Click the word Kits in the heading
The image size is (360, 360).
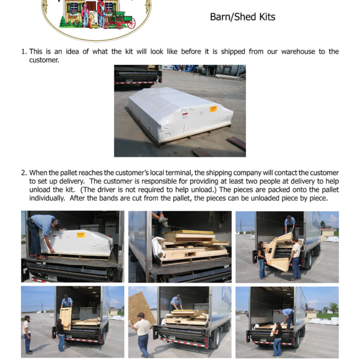267,17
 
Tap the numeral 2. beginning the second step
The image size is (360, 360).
24,173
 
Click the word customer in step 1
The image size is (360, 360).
44,60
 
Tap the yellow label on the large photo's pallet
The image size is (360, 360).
213,109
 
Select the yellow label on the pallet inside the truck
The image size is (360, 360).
80,235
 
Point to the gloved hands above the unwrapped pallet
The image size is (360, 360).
163,222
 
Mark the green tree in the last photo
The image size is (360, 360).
333,307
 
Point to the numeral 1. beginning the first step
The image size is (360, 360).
24,52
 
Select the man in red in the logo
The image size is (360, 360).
101,13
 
